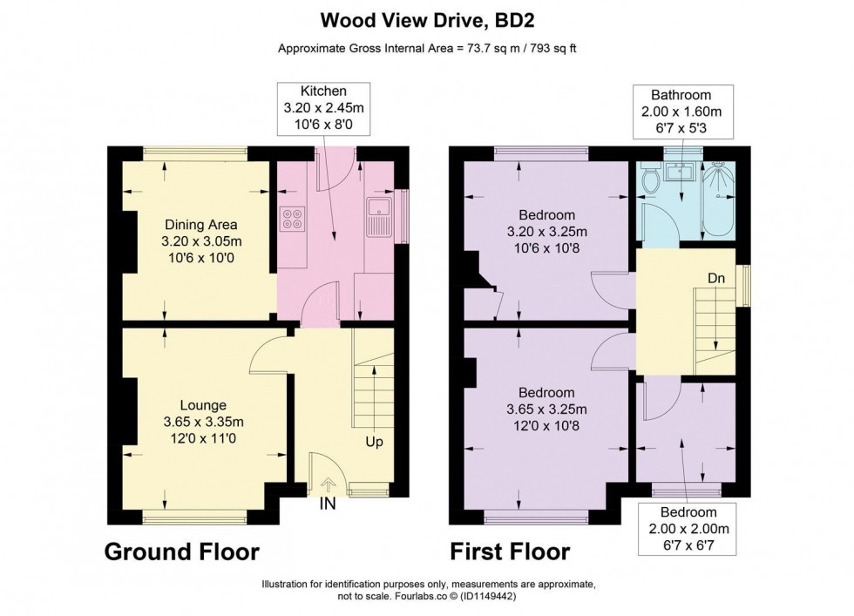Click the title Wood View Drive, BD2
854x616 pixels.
(426, 19)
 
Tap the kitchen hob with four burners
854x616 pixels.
(292, 217)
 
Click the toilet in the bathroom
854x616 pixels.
(649, 180)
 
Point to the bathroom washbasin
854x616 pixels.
(677, 172)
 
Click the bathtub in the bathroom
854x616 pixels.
(719, 200)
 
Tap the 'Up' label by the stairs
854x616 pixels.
(373, 442)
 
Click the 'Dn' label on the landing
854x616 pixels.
(716, 278)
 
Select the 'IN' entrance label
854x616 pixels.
(327, 504)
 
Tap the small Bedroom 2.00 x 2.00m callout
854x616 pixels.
(688, 529)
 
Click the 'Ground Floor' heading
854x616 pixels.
(182, 552)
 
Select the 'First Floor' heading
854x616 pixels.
(510, 552)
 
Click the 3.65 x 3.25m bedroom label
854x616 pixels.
(546, 410)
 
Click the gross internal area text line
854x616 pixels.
(426, 49)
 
